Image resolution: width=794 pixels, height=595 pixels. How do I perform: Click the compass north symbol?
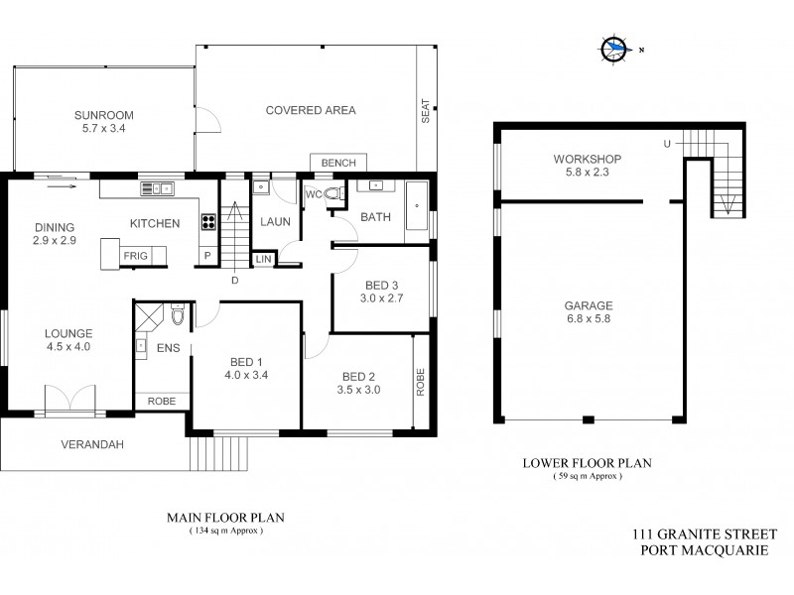[616, 48]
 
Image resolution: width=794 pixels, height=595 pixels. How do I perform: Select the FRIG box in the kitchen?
[136, 256]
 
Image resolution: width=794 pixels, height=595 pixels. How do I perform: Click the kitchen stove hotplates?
[209, 222]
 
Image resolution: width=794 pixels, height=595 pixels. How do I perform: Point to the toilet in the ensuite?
[177, 315]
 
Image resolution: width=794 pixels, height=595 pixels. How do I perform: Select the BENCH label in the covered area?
[338, 163]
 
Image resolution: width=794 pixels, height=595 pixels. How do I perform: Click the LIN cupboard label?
[263, 259]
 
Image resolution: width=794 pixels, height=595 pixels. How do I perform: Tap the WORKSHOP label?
[588, 160]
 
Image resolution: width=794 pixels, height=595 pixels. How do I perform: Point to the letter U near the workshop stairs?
[667, 146]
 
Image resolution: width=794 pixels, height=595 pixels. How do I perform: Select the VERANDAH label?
[91, 444]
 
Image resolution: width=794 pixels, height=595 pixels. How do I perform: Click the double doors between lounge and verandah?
[69, 399]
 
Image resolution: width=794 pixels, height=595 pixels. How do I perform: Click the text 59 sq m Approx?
[588, 476]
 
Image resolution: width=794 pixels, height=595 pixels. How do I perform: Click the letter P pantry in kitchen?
[207, 255]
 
